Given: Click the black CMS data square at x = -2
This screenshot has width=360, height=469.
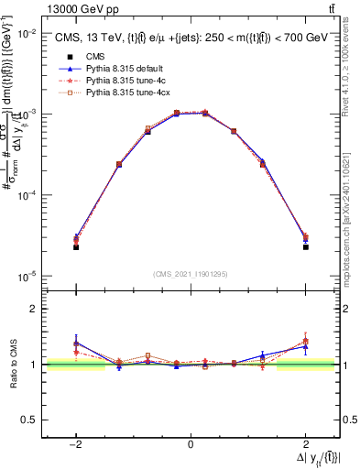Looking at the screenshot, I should pyautogui.click(x=76, y=247).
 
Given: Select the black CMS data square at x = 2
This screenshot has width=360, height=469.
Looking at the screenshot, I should pyautogui.click(x=305, y=246).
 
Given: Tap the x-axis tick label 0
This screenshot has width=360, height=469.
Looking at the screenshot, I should pyautogui.click(x=191, y=444).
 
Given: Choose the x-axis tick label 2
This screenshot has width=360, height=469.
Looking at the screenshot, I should pyautogui.click(x=305, y=444).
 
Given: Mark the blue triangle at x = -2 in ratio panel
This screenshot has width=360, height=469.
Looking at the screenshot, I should pyautogui.click(x=76, y=343).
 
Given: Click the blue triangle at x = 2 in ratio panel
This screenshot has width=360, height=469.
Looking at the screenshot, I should pyautogui.click(x=305, y=346).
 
